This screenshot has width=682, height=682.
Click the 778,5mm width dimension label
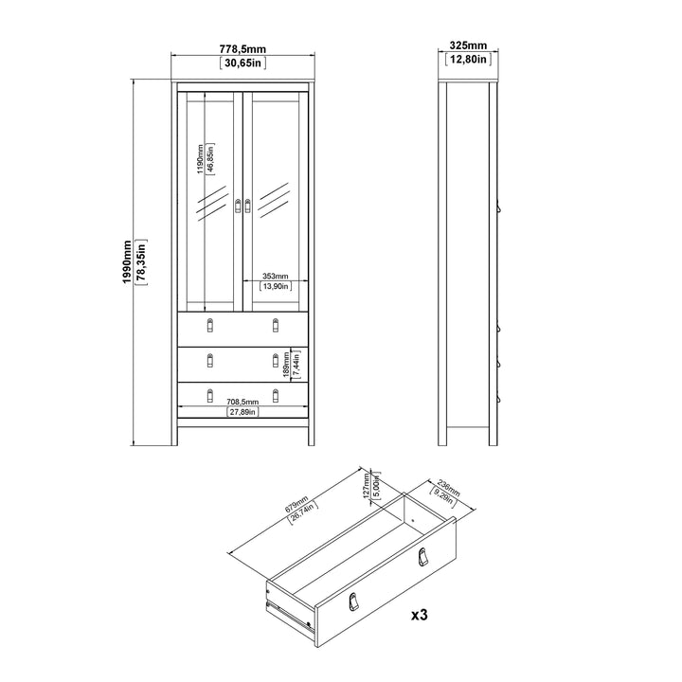242,49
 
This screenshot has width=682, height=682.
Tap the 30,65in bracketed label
242,63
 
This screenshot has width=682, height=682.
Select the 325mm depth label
468,45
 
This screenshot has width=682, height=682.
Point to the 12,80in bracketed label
468,59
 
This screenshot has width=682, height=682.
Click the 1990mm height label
127,261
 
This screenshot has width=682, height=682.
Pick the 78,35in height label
141,261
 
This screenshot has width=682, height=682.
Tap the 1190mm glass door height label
200,159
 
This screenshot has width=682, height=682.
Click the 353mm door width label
276,277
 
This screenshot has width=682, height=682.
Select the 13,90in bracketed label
276,286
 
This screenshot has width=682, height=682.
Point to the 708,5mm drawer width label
242,403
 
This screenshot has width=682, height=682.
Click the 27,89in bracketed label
242,412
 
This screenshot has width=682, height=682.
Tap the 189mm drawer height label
286,365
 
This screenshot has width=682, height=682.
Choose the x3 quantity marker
420,615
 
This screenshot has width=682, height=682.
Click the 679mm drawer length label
296,503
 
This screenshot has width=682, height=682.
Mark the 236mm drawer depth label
448,489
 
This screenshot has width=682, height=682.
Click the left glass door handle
238,206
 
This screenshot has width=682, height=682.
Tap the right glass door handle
248,206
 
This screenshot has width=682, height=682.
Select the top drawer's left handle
210,325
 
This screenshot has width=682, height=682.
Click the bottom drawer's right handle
276,395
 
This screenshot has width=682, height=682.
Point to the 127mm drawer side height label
367,486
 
